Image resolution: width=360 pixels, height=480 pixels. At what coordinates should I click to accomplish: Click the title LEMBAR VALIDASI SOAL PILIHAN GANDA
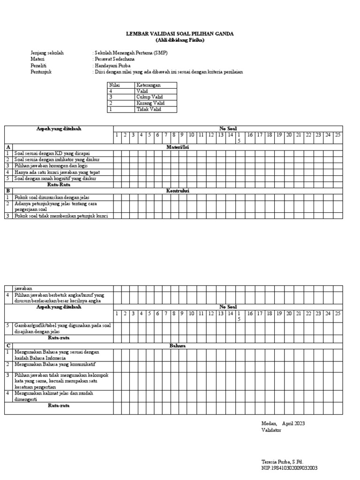click(180, 34)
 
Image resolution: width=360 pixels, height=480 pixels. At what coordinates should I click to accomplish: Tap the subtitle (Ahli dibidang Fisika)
click(180, 40)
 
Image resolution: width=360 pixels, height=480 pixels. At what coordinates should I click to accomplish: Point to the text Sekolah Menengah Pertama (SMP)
click(131, 53)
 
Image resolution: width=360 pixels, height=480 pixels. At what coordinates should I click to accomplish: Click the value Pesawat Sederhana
click(115, 60)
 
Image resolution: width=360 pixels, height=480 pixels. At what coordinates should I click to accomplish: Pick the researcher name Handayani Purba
click(112, 66)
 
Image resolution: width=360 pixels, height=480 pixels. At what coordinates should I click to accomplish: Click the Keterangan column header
click(149, 85)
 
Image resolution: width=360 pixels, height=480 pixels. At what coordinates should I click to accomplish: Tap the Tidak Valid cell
click(149, 109)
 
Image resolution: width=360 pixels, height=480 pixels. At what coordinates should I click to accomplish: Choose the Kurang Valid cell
click(150, 103)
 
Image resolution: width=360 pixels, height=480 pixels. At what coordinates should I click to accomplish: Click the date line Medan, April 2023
click(283, 423)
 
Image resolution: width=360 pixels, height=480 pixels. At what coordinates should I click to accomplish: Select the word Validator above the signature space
click(271, 430)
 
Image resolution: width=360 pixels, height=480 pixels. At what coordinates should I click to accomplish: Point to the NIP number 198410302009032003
click(289, 468)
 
